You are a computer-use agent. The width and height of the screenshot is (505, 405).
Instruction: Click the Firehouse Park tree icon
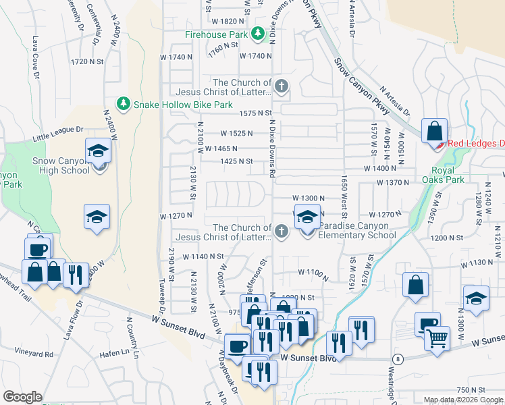(257, 34)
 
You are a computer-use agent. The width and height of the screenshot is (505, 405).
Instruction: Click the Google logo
(22, 397)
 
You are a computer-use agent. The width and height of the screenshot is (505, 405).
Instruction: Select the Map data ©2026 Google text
(463, 400)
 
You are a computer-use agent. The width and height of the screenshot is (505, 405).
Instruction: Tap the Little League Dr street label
(58, 133)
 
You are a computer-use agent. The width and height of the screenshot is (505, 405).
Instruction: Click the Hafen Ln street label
(115, 352)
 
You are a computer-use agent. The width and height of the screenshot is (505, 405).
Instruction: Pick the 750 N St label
(471, 390)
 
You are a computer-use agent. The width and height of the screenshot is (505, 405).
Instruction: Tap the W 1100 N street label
(312, 273)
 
